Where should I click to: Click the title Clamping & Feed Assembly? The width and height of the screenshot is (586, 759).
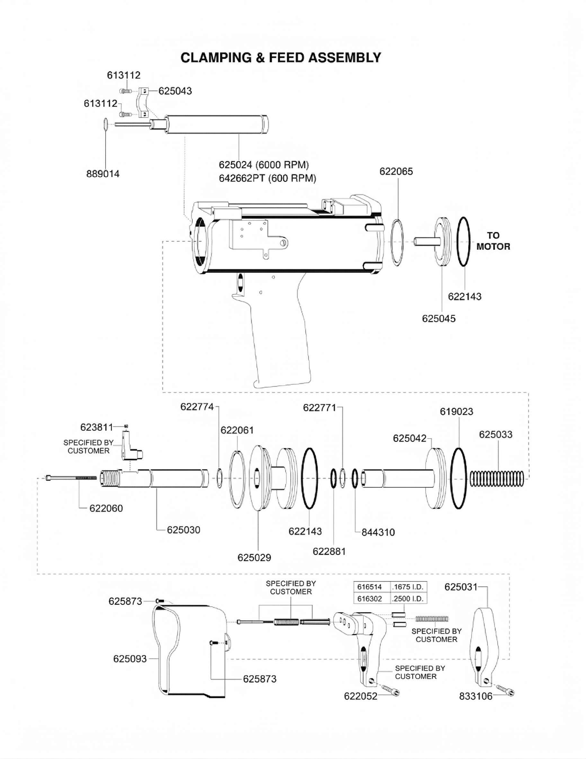[281, 58]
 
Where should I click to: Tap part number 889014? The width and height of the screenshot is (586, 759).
[103, 174]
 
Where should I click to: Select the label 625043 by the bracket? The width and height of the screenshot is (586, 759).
[175, 91]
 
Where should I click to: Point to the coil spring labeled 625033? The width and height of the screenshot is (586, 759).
[496, 479]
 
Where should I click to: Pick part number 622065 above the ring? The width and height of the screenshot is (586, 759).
[396, 172]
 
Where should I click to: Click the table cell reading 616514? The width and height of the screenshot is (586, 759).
[369, 587]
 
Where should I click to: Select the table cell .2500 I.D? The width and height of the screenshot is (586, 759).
[408, 599]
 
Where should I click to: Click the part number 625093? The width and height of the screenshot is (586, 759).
[130, 659]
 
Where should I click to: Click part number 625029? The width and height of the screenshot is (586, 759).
[254, 558]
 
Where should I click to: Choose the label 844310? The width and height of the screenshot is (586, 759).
[378, 532]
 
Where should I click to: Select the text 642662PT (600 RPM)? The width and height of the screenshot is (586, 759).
[268, 179]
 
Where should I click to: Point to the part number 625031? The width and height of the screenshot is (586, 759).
[461, 587]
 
